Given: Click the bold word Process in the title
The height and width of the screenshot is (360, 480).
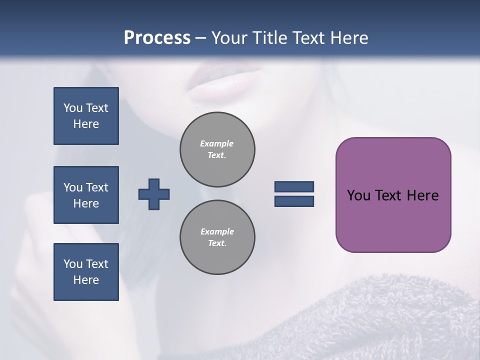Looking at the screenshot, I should click(157, 38).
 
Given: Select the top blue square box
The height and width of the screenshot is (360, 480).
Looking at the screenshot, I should click(86, 116).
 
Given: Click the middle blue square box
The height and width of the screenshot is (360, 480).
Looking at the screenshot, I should click(86, 195).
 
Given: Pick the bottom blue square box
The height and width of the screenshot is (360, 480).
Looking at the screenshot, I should click(86, 271).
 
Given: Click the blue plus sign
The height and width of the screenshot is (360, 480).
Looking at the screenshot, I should click(154, 194).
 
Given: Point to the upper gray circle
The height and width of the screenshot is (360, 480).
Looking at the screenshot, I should click(217, 149).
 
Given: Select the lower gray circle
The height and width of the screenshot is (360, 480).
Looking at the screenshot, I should click(217, 237).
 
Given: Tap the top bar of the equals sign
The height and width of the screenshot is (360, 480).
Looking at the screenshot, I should click(294, 186).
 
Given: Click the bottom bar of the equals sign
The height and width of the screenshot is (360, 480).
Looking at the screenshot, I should click(294, 201).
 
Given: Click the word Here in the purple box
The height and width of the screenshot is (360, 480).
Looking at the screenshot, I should click(422, 195).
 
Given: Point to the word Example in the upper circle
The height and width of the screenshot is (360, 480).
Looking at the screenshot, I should click(217, 143).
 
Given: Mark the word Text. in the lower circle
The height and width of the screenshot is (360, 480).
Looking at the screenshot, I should click(217, 243).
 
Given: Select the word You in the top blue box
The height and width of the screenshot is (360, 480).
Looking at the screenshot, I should click(72, 108).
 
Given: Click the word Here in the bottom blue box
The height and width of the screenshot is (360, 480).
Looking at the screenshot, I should click(86, 280).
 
